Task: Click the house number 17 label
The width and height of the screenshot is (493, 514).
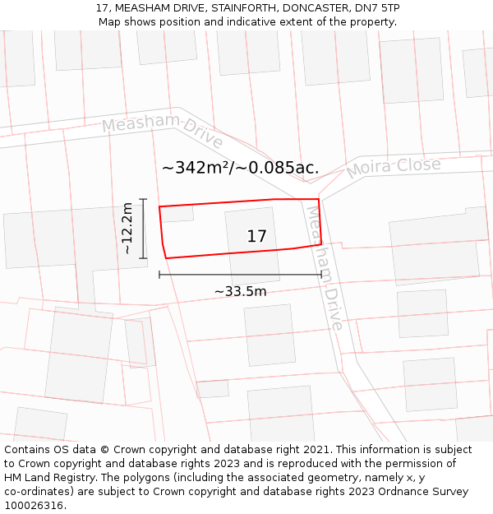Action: (x=256, y=237)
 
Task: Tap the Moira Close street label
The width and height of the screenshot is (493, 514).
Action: (x=394, y=168)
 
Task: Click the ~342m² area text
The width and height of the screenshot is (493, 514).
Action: (x=196, y=168)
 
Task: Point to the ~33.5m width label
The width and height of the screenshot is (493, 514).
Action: (x=240, y=291)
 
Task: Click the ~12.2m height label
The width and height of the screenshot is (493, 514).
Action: (x=127, y=229)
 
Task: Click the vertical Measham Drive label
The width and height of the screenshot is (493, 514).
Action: (x=325, y=266)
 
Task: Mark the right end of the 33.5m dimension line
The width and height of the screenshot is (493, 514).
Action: (x=320, y=275)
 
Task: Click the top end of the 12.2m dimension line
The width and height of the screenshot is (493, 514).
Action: (x=143, y=199)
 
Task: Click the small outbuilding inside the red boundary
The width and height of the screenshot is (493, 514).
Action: (x=177, y=214)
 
